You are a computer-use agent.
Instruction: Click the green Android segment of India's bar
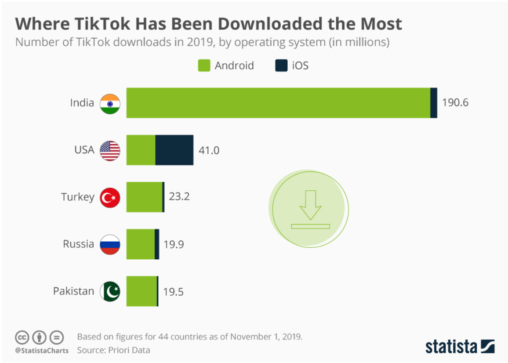pyautogui.click(x=278, y=103)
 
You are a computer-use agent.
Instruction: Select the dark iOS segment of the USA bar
pyautogui.click(x=174, y=150)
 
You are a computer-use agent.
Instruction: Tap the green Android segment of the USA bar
pyautogui.click(x=141, y=150)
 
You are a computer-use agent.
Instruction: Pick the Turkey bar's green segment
pyautogui.click(x=144, y=197)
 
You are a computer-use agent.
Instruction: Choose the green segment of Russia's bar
pyautogui.click(x=140, y=244)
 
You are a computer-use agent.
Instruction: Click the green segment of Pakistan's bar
pyautogui.click(x=142, y=291)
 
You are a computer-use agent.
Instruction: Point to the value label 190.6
pyautogui.click(x=455, y=103)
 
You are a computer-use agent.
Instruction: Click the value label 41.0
pyautogui.click(x=209, y=150)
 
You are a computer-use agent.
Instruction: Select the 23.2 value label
pyautogui.click(x=179, y=196)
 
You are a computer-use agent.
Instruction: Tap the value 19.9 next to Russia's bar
pyautogui.click(x=174, y=244)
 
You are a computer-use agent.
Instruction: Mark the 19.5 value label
pyautogui.click(x=173, y=291)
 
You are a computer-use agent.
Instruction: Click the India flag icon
pyautogui.click(x=110, y=104)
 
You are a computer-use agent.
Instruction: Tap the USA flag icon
pyautogui.click(x=110, y=151)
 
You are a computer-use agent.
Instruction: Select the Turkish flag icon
pyautogui.click(x=110, y=198)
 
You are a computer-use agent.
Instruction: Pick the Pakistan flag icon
pyautogui.click(x=110, y=291)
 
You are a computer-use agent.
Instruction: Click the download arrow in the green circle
pyautogui.click(x=310, y=205)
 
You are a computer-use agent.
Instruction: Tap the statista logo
pyautogui.click(x=460, y=346)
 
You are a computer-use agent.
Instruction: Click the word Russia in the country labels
pyautogui.click(x=78, y=244)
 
